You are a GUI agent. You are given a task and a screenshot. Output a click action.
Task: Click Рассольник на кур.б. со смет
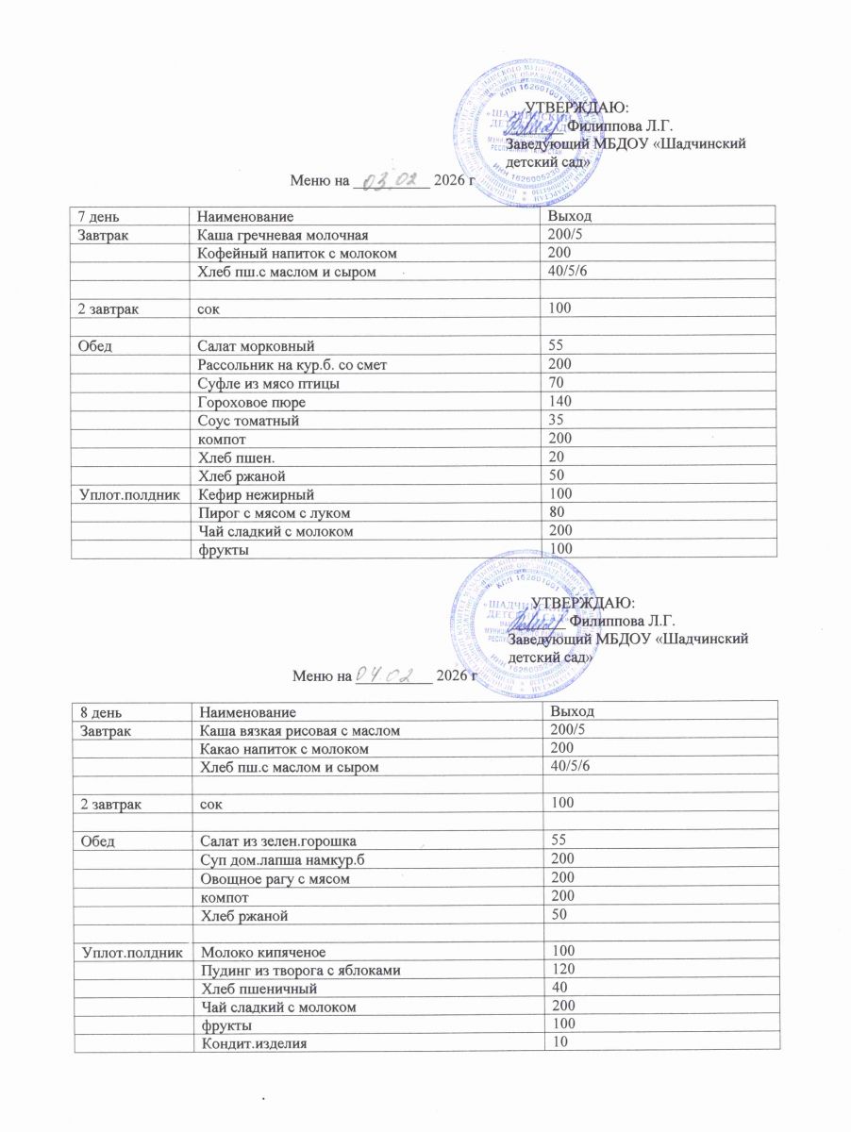299,363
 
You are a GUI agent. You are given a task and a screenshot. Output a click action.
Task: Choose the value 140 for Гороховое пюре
561,401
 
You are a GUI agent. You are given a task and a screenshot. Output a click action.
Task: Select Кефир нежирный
255,494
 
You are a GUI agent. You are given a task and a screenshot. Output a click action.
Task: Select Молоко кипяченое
259,951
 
